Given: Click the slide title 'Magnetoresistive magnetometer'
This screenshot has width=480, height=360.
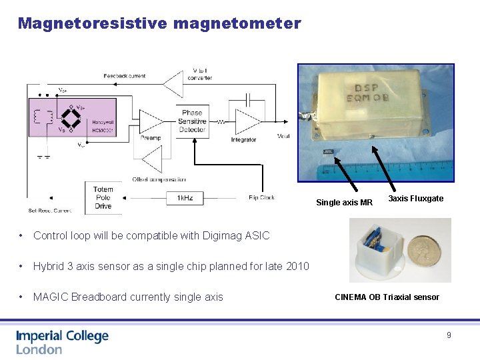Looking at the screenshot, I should [159, 24].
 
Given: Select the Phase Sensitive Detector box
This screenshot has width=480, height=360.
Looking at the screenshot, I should [192, 121].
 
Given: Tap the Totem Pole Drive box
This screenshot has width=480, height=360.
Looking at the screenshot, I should [103, 198].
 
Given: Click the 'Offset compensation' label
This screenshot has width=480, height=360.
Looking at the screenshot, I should [159, 179].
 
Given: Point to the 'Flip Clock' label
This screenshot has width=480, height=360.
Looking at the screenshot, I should [261, 197].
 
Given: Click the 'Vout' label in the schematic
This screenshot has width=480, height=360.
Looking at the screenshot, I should [283, 136].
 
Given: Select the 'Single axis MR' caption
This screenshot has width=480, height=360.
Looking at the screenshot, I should [344, 203].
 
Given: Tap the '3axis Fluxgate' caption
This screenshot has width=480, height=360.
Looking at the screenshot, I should [415, 199].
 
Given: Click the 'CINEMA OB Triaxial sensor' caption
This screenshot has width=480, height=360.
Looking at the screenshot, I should [387, 297].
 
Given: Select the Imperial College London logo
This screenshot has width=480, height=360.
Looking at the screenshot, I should [62, 342].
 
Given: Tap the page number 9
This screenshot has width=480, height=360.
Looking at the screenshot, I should [449, 335].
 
